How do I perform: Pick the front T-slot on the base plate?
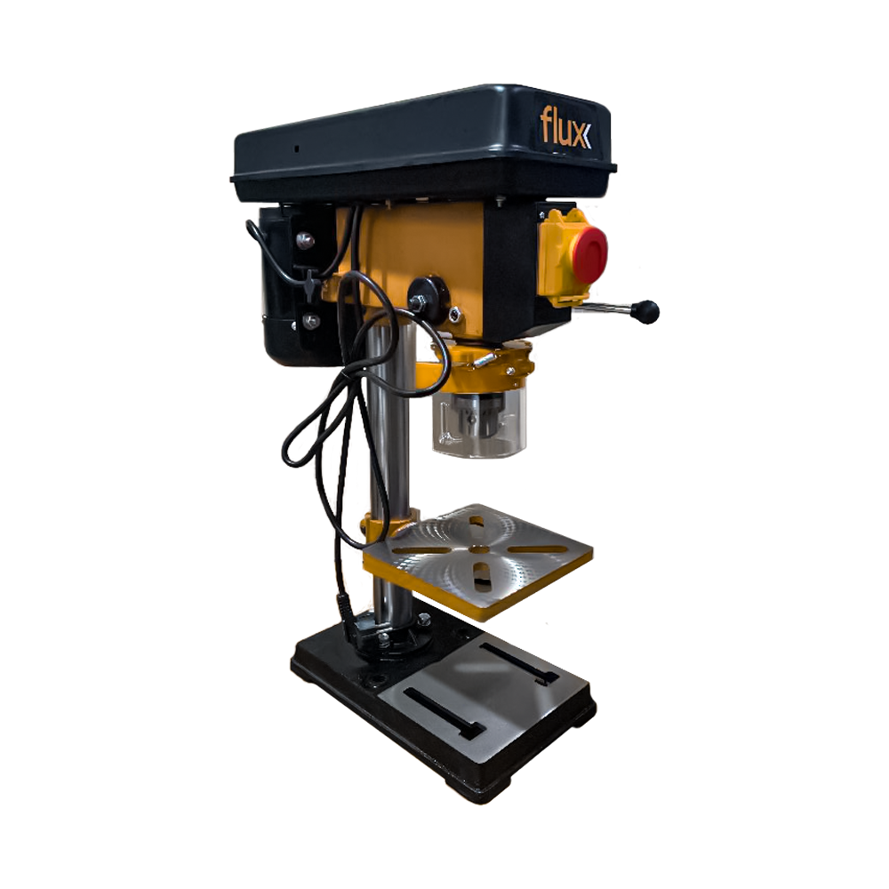click(x=443, y=713)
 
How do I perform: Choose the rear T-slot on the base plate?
click(x=519, y=663)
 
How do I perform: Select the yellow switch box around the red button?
click(x=556, y=258)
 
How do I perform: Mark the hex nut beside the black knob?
click(x=454, y=313)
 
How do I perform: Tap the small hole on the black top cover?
click(x=297, y=148)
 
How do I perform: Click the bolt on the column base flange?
click(x=425, y=620)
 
